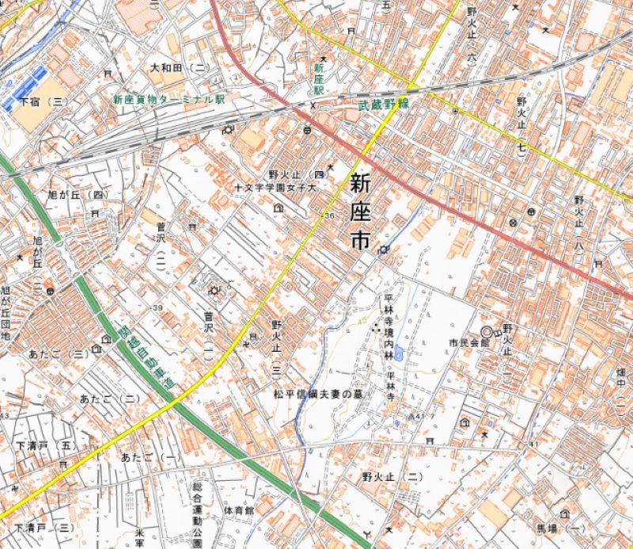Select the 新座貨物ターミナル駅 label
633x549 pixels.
(169, 101)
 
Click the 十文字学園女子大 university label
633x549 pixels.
(275, 189)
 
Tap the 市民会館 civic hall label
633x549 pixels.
(465, 343)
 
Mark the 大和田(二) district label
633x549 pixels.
(178, 69)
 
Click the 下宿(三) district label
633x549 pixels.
(45, 102)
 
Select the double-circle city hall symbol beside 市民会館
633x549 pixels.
(487, 331)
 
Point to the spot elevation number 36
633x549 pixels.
(328, 215)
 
